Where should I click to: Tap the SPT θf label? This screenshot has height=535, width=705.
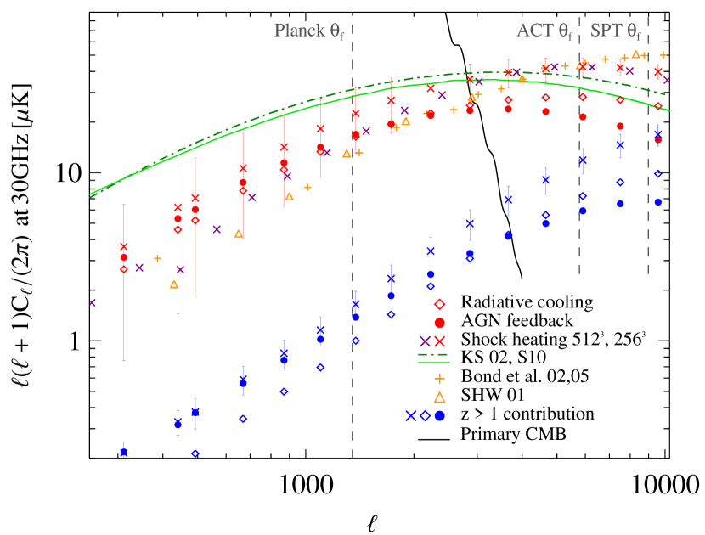[x=616, y=31]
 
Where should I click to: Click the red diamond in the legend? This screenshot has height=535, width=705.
[x=440, y=304]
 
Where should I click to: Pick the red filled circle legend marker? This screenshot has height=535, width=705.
[x=440, y=323]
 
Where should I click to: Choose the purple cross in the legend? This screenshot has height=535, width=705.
[x=425, y=341]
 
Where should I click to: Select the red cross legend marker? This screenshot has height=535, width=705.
[x=440, y=341]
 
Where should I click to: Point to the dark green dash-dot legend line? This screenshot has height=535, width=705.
[x=433, y=355]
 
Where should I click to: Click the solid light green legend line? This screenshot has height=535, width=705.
[x=433, y=363]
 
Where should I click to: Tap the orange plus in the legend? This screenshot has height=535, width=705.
[x=440, y=379]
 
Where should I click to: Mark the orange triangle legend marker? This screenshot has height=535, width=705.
[x=440, y=397]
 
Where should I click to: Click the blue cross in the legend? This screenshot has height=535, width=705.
[x=411, y=416]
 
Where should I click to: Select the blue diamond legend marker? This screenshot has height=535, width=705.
[x=426, y=416]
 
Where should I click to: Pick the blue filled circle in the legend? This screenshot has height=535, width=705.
[x=440, y=416]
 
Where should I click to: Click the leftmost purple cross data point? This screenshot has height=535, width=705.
[x=93, y=302]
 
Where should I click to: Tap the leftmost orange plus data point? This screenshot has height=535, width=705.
[x=157, y=258]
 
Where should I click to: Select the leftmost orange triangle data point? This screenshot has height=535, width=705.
[x=174, y=284]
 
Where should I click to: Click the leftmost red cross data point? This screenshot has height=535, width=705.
[x=124, y=247]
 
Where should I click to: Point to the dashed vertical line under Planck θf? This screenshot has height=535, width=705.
[x=352, y=255]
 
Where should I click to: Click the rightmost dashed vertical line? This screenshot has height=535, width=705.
[x=648, y=170]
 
